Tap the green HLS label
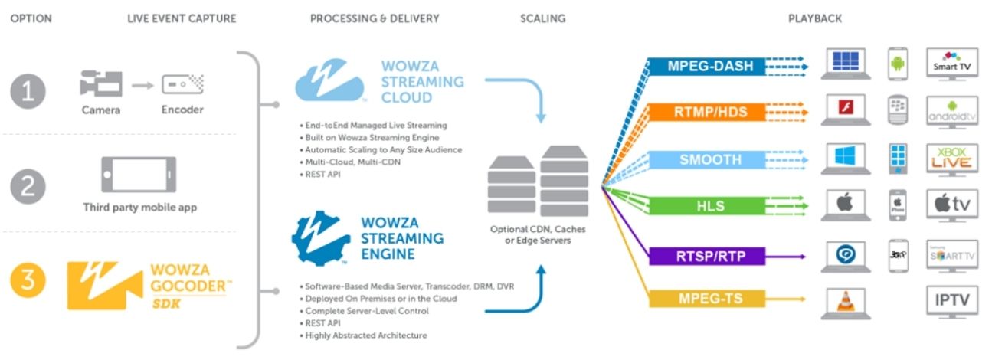706,206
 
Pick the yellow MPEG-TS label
706,297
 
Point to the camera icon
101,83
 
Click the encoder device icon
182,83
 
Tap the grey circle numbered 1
28,92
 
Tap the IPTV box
952,300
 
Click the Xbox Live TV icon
952,159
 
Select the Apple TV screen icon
952,205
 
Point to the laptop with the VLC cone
843,302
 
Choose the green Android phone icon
898,64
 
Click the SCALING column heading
543,18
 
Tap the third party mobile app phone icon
139,175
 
